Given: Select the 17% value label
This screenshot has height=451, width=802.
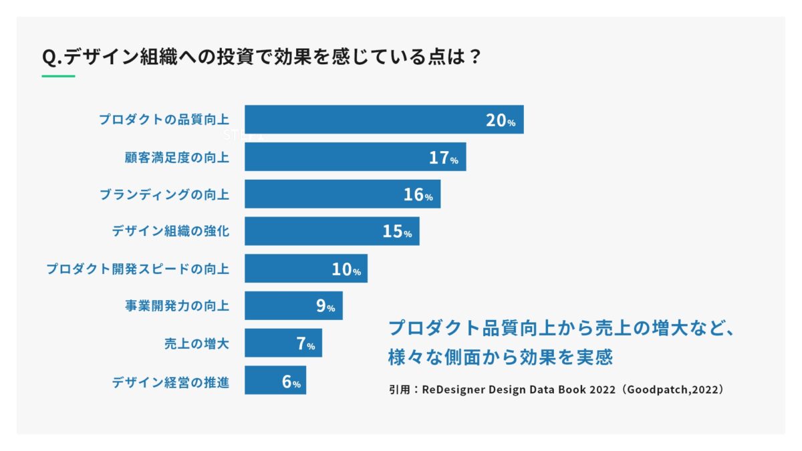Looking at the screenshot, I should (x=443, y=158).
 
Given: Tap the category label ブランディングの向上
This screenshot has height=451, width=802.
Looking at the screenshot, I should (x=164, y=194).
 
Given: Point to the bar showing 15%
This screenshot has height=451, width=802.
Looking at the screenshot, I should (x=331, y=231).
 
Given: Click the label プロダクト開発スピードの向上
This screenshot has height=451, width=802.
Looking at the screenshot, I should (x=137, y=269).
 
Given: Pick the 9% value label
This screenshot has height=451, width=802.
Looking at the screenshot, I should (x=325, y=307).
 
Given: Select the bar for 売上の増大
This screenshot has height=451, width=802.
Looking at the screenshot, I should (x=283, y=343).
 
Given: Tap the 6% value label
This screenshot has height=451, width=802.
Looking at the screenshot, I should (x=291, y=382).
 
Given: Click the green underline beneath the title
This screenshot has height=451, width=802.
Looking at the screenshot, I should (x=58, y=76).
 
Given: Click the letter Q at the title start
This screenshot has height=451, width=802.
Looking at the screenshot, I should (x=49, y=57).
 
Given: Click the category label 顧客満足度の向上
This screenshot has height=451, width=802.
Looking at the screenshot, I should (x=176, y=158).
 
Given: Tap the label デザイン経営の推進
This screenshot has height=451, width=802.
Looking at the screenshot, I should (x=170, y=382).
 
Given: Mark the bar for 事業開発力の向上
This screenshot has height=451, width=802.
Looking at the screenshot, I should (x=293, y=306).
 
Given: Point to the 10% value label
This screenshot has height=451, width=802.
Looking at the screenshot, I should (x=346, y=269).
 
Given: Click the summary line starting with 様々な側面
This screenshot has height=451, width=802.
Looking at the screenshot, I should (x=500, y=357).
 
